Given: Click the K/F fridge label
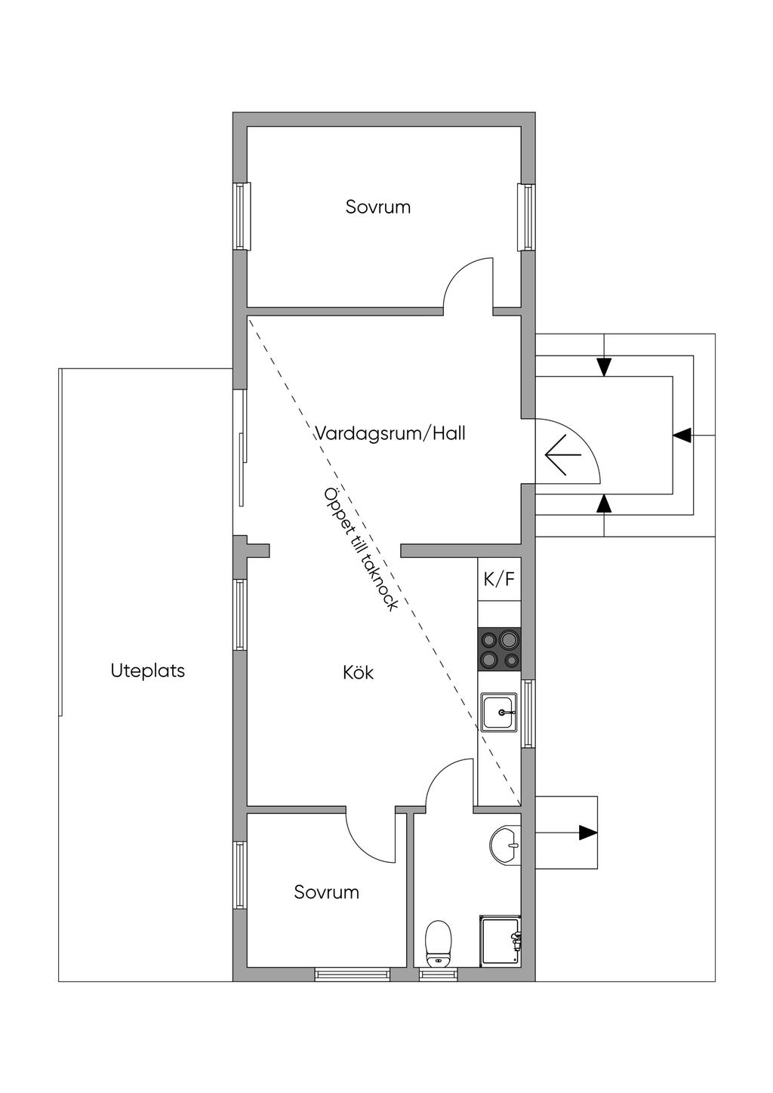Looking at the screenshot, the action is click(x=499, y=579).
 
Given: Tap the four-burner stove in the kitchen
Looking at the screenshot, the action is click(x=499, y=649).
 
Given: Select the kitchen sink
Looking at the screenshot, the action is click(x=499, y=713).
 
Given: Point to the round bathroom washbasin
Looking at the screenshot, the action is click(x=504, y=845).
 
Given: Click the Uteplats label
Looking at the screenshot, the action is click(x=147, y=670).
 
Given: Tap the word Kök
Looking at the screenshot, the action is click(x=359, y=673).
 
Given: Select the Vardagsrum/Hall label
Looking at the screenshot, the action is click(x=390, y=433).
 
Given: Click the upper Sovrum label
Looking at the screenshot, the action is click(x=378, y=207).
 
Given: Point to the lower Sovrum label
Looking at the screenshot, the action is click(x=326, y=892).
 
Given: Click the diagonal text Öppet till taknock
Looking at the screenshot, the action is click(x=361, y=549).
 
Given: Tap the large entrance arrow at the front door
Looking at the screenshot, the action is click(x=563, y=454).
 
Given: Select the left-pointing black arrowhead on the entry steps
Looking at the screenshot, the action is click(x=682, y=435).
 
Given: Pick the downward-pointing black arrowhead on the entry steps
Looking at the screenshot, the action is click(x=604, y=368).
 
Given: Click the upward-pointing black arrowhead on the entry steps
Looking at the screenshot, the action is click(x=604, y=503).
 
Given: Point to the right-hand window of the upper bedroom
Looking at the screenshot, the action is click(x=527, y=217).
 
